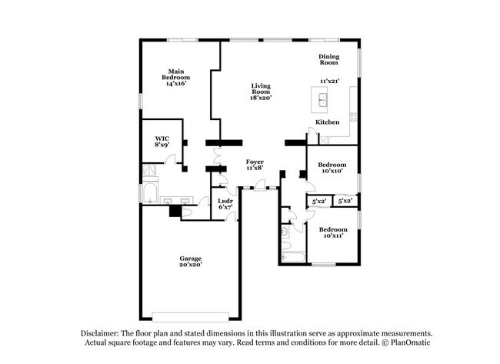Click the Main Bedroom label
click(176, 78)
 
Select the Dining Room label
click(329, 59)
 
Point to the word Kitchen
click(328, 122)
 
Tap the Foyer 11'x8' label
click(255, 165)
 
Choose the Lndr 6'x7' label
click(226, 204)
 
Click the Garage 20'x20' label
click(191, 262)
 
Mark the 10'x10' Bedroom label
click(332, 168)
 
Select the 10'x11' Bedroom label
click(333, 232)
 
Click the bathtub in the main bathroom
click(149, 190)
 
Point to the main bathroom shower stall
click(148, 172)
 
